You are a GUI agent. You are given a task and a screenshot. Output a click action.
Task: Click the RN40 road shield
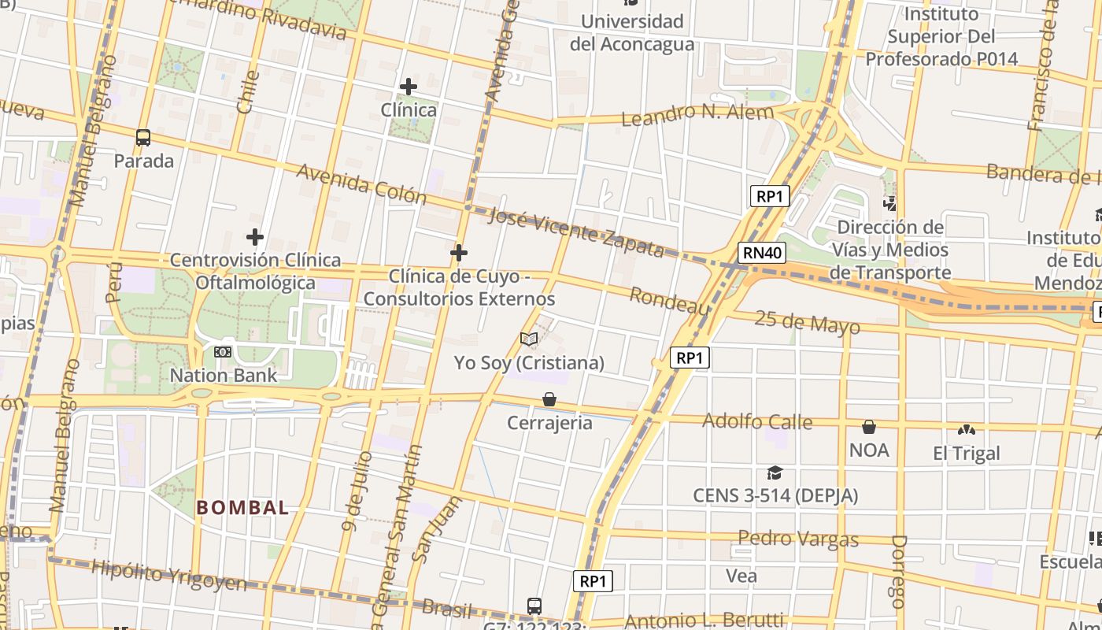tap(762, 253)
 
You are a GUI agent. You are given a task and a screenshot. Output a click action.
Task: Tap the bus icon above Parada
tap(143, 138)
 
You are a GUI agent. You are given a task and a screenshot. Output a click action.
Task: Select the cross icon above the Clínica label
tap(408, 86)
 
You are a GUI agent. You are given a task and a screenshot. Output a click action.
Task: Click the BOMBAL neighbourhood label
tap(243, 508)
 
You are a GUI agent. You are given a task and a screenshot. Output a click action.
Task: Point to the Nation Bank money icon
tap(224, 352)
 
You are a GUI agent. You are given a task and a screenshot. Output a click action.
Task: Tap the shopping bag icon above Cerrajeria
tap(549, 400)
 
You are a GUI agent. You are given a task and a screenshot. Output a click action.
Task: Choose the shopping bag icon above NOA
tap(869, 427)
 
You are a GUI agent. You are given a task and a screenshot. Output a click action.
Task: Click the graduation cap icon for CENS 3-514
tap(775, 472)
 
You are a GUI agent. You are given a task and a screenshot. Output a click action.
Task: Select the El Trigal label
tap(966, 454)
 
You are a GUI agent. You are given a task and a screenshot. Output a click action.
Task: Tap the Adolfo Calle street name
tap(756, 421)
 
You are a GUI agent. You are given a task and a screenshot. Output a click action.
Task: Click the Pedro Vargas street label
tap(797, 539)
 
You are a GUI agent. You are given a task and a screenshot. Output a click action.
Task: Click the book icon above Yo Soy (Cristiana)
tap(529, 339)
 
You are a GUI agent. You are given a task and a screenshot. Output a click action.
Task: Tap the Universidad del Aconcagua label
tap(631, 32)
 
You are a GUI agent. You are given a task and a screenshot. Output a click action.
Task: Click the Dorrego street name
tap(899, 572)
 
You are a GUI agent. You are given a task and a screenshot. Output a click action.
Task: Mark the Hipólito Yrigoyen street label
tap(169, 576)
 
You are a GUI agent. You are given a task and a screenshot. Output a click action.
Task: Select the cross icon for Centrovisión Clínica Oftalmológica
tap(255, 236)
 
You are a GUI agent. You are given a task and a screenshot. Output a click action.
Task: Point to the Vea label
tap(741, 576)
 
